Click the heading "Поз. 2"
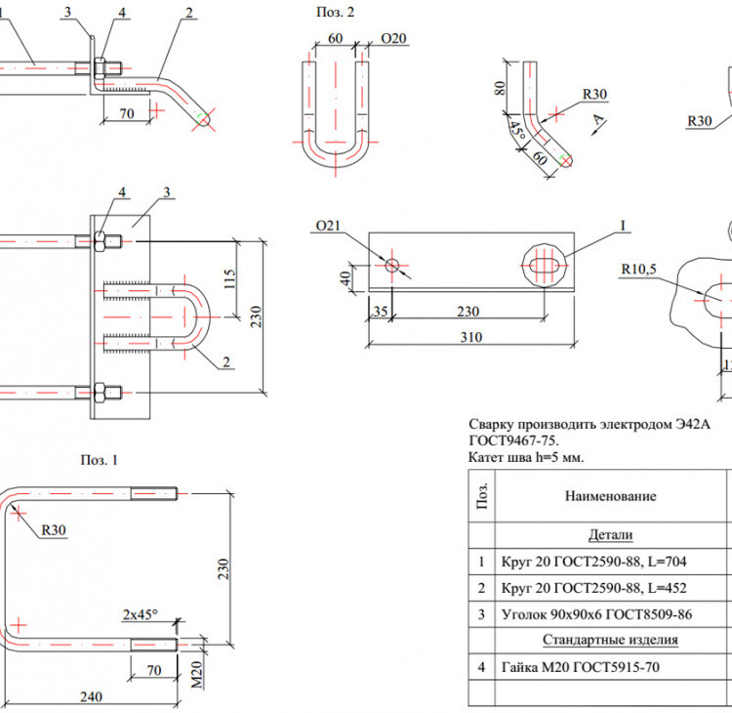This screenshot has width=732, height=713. coord(335,12)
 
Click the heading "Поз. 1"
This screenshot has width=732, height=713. coord(99,460)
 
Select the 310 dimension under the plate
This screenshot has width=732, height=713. coord(471,337)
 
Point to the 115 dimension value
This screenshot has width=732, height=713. coord(229,278)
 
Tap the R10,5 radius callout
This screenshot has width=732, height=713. coord(638,270)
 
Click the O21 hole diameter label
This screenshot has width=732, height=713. coord(328,226)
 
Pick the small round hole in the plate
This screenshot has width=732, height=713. coord(392,266)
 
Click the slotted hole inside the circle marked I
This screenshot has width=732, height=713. coord(545,266)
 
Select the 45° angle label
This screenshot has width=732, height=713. coord(516,130)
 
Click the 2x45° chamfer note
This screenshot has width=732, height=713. coord(140,614)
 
